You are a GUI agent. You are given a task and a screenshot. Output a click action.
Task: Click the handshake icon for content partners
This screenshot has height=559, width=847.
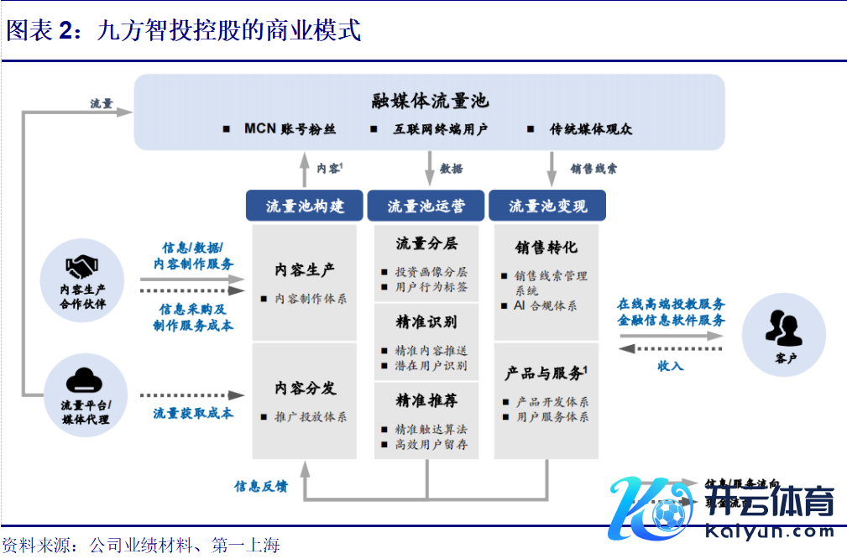point(82,268)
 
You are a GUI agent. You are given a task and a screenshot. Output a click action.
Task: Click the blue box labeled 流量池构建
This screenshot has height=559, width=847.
point(305,206)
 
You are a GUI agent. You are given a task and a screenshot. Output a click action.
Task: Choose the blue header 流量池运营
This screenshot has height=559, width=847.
point(426,206)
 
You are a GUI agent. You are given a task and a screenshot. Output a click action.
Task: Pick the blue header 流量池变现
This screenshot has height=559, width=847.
point(547,206)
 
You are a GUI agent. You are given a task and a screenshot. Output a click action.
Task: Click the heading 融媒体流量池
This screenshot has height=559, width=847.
point(430,102)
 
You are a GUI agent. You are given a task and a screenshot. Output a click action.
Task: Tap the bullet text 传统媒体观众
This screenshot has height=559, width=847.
point(590,129)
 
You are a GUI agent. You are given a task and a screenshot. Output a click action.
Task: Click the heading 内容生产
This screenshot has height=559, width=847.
point(305,269)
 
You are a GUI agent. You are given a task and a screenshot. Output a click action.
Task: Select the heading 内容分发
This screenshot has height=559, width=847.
point(305,388)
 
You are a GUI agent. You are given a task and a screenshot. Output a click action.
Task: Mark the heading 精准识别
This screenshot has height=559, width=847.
point(426,322)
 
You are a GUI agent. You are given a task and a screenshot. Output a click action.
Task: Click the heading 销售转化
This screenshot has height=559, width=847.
point(546,248)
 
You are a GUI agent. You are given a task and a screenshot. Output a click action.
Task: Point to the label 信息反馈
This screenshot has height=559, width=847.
point(261,486)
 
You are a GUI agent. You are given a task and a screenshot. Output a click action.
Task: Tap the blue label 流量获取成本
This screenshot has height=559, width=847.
point(193,413)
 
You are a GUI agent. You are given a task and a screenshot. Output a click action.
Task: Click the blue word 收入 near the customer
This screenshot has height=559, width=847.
point(670,365)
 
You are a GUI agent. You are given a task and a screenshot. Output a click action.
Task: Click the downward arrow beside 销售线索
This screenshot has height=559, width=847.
point(552,168)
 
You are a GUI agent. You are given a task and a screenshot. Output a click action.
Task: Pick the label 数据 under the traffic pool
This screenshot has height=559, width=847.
point(451,169)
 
